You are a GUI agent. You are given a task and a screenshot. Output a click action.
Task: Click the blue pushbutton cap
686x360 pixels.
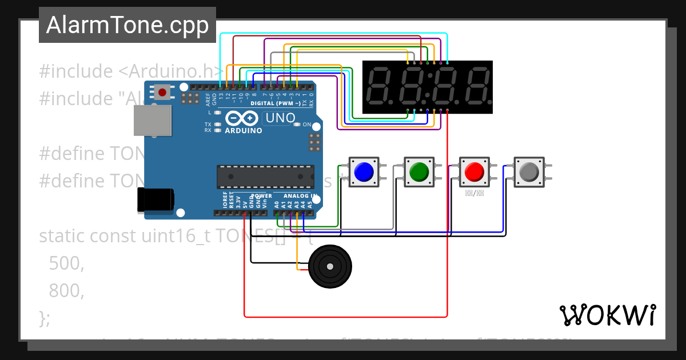(x=364, y=171)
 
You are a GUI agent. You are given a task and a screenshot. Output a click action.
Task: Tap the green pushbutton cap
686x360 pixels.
(x=420, y=171)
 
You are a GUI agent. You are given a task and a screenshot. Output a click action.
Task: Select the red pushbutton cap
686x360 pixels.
(x=474, y=171)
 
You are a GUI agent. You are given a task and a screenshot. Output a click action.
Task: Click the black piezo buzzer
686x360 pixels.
(x=330, y=266)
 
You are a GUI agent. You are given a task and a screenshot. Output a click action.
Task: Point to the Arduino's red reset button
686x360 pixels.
(x=163, y=92)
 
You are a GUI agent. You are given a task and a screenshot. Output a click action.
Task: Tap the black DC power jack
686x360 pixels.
(x=155, y=200)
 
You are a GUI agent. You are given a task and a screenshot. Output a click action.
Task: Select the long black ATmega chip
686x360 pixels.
(x=265, y=177)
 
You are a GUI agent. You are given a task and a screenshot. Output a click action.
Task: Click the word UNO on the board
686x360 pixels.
(x=279, y=118)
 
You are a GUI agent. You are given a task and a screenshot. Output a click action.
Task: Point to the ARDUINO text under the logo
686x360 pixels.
(x=243, y=130)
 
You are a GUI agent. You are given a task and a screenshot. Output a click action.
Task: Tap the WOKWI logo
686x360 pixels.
(x=607, y=315)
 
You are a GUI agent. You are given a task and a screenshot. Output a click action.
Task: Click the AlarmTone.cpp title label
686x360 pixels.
(x=127, y=25)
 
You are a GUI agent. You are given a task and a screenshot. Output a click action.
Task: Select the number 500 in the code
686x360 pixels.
(x=66, y=263)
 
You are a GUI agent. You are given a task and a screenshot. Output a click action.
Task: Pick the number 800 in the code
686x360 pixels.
(x=66, y=291)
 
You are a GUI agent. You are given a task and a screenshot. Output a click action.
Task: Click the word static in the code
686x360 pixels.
(x=62, y=235)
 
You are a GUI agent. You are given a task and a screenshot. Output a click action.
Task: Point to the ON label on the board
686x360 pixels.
(x=307, y=125)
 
